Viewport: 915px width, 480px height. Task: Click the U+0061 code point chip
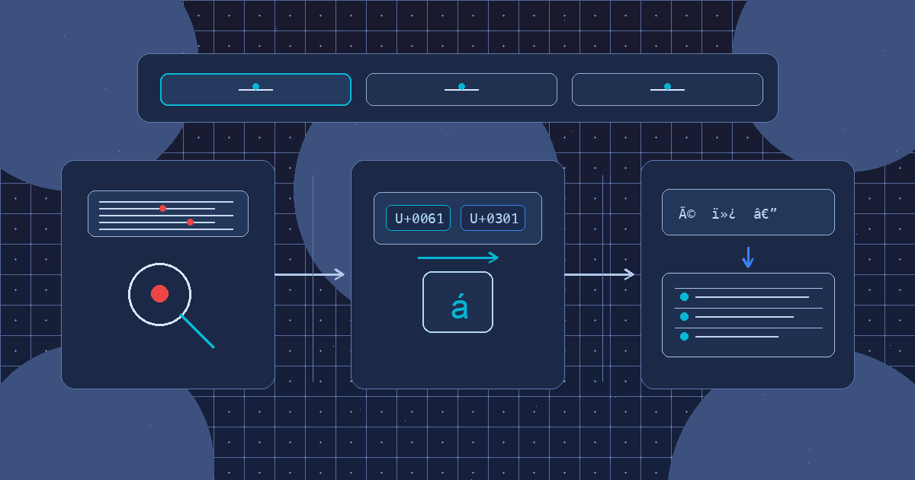tap(418, 218)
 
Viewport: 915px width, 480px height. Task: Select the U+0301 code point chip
tap(493, 218)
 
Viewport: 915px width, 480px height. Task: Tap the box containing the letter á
tap(457, 302)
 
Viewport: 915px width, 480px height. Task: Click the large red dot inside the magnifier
tap(159, 293)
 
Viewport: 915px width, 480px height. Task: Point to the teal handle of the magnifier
tap(197, 331)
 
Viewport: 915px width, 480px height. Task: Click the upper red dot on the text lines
tap(162, 208)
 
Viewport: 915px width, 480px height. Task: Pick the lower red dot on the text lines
tap(190, 222)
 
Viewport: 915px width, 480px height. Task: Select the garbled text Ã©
tap(687, 213)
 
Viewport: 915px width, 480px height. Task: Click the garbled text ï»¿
tap(723, 213)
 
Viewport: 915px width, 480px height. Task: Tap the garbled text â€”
tap(765, 213)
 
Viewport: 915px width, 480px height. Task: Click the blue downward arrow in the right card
tap(748, 258)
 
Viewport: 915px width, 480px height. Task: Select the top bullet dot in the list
tap(684, 296)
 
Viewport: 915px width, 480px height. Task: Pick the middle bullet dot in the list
tap(684, 316)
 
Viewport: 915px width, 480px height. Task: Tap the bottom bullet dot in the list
tap(684, 336)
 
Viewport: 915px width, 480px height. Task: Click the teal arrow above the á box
tap(457, 258)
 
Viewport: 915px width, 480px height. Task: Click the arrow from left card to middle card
tap(310, 274)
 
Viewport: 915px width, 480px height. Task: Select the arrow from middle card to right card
tap(599, 274)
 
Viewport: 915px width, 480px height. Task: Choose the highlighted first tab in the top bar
tap(255, 89)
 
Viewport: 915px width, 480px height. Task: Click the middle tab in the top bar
tap(461, 89)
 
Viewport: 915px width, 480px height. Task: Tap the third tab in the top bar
tap(667, 89)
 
